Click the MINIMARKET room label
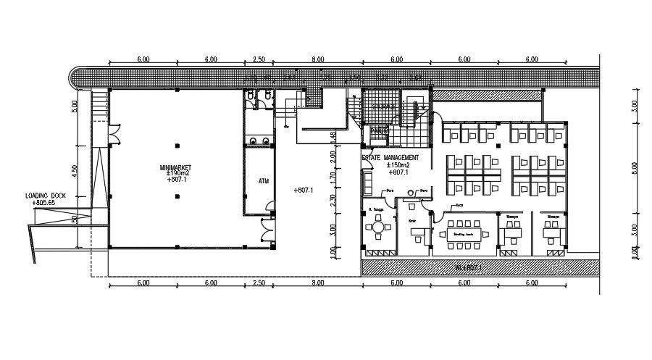pyautogui.click(x=175, y=167)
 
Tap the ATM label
pyautogui.click(x=264, y=180)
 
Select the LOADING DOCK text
pyautogui.click(x=46, y=196)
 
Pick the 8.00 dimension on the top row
pyautogui.click(x=317, y=59)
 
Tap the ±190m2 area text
pyautogui.click(x=177, y=174)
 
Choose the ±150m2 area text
pyautogui.click(x=398, y=166)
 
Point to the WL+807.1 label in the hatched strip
pyautogui.click(x=468, y=267)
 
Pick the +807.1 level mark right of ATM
pyautogui.click(x=304, y=190)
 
